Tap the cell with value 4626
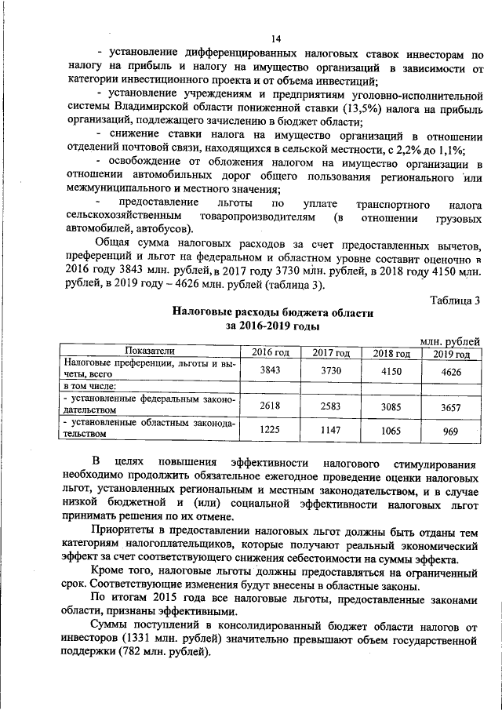pyautogui.click(x=450, y=371)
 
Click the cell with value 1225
pyautogui.click(x=270, y=431)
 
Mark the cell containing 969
pyautogui.click(x=450, y=431)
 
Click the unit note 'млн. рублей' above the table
pyautogui.click(x=449, y=341)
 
